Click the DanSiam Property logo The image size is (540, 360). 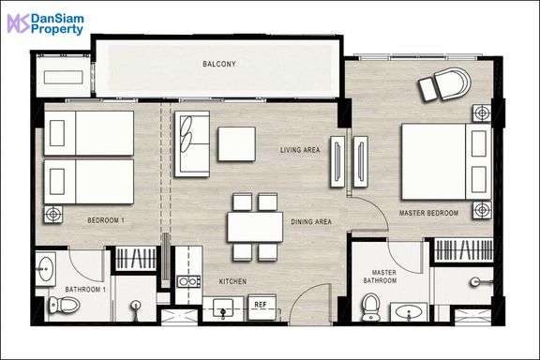45,24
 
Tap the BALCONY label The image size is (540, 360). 219,64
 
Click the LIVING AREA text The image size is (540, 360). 300,150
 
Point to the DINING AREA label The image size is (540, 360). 311,222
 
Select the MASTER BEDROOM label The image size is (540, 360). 428,213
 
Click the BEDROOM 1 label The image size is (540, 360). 106,220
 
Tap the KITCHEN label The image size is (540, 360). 232,281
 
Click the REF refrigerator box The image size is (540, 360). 262,307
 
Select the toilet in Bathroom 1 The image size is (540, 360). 64,305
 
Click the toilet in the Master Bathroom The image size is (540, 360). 371,307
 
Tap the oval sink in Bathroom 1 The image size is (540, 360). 45,268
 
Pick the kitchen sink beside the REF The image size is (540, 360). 223,307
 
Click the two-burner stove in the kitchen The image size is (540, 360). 188,281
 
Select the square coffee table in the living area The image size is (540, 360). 236,143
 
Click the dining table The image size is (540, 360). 255,227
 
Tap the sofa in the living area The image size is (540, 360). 192,143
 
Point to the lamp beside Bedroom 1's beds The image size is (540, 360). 53,214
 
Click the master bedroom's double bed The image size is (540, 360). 446,161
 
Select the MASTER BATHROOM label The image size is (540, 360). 381,277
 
